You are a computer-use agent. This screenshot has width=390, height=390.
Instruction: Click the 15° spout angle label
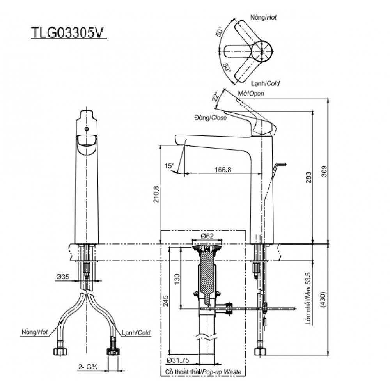(169, 165)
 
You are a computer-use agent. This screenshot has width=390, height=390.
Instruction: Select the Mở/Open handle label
(251, 94)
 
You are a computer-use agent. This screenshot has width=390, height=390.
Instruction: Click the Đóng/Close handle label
(210, 117)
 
